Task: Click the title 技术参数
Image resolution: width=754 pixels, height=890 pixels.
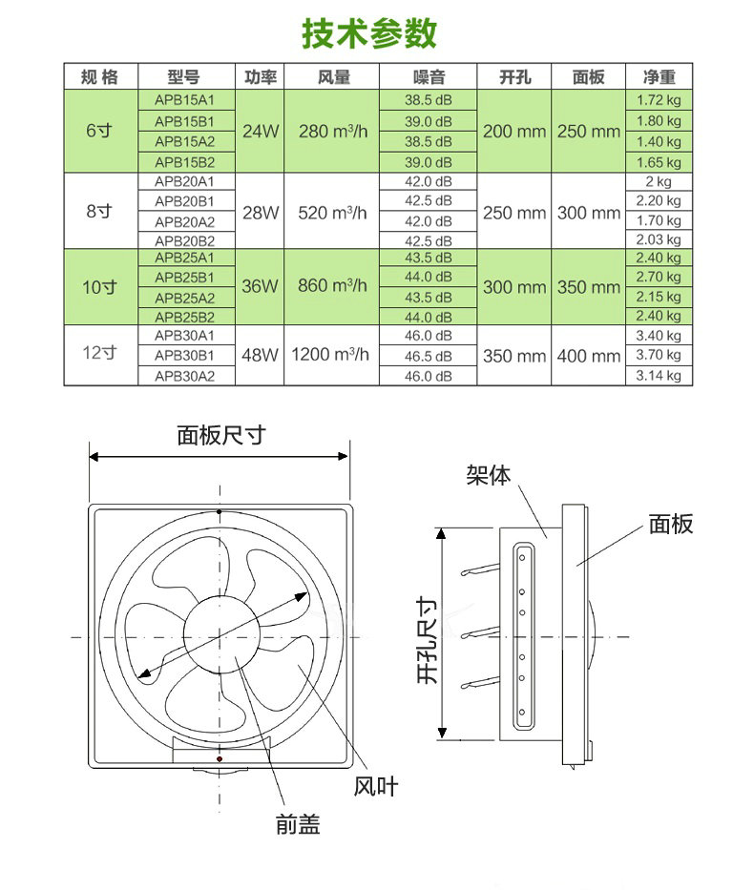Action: (369, 33)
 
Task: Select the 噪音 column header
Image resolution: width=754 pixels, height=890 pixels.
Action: (429, 77)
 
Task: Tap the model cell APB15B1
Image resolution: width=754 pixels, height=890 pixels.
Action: (184, 121)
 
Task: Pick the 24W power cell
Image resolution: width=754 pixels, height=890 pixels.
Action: (261, 131)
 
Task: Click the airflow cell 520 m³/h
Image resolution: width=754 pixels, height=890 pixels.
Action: (332, 213)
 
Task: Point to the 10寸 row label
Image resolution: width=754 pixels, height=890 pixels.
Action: (100, 287)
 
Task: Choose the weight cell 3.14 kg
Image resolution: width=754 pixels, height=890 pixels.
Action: (659, 375)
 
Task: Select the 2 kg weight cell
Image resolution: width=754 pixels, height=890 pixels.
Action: (659, 181)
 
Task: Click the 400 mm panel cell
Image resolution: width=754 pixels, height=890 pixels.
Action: (588, 356)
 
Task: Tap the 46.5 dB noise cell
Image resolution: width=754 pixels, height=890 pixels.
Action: (429, 356)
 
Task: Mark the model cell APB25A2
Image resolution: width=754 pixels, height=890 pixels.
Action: (184, 298)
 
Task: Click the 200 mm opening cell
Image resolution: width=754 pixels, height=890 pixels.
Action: (514, 131)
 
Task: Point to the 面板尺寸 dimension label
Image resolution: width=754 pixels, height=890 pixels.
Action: (221, 435)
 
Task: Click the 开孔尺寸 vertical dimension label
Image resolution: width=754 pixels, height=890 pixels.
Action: (429, 640)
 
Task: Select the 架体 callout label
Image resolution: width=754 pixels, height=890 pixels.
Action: (489, 475)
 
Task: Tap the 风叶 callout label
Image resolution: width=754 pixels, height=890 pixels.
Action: (376, 786)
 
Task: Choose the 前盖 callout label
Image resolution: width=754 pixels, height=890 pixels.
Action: (298, 824)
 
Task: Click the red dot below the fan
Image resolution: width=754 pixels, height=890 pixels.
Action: (220, 759)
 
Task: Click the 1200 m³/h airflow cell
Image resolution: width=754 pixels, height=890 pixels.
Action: (330, 355)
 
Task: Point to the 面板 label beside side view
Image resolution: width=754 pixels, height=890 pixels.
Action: (671, 524)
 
